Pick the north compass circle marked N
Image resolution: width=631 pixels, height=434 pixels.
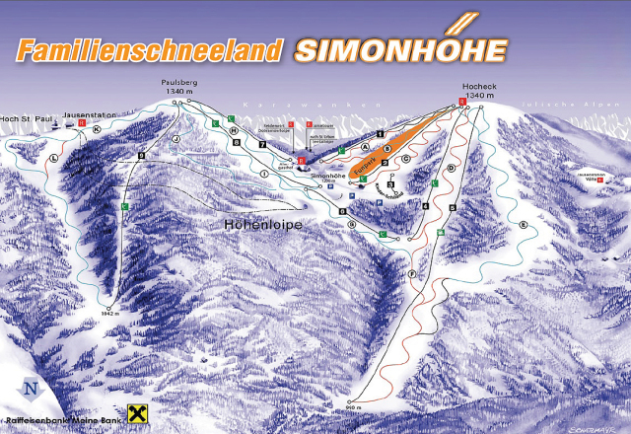(33, 388)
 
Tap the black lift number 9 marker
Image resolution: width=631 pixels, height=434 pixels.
(141, 156)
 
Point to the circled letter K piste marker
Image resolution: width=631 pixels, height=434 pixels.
(97, 129)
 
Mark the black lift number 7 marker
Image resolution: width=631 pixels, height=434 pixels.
(263, 145)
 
